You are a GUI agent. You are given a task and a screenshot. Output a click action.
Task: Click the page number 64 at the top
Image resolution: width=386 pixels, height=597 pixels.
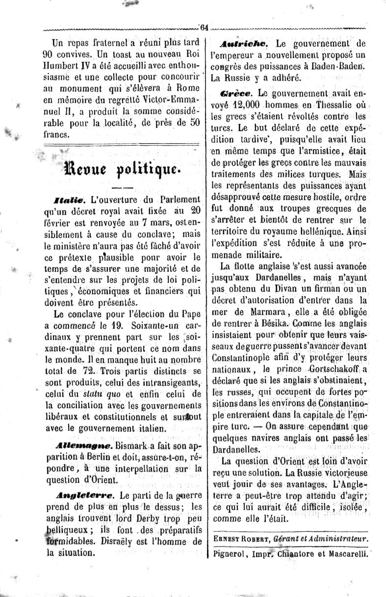[x=204, y=27]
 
